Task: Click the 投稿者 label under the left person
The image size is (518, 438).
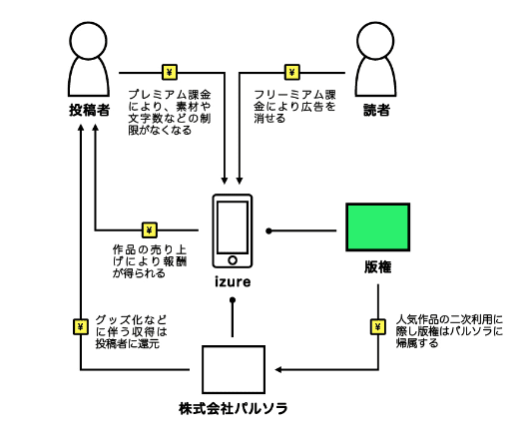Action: [89, 110]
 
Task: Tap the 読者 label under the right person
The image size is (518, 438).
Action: [376, 110]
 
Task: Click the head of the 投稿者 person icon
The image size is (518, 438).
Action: [89, 41]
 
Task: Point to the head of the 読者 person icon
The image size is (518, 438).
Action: [375, 41]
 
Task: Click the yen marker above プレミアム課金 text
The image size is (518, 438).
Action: [170, 72]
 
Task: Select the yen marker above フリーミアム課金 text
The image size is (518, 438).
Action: [292, 72]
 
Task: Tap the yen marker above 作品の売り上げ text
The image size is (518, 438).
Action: [150, 229]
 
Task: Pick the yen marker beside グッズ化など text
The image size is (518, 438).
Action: [81, 326]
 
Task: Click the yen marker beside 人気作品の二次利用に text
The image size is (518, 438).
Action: [378, 326]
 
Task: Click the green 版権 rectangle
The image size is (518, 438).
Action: [378, 227]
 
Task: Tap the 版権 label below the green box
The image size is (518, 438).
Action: [377, 267]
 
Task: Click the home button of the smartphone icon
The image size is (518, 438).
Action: [233, 260]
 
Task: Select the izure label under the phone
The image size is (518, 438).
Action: [233, 281]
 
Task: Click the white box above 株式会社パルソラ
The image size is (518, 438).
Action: [234, 369]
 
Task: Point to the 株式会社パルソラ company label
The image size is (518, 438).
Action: [234, 408]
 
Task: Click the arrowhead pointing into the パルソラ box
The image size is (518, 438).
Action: [278, 369]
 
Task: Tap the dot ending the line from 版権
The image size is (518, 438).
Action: [268, 230]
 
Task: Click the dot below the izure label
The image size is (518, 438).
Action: [233, 300]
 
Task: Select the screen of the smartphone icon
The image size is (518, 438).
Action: [233, 227]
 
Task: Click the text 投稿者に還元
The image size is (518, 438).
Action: [128, 343]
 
